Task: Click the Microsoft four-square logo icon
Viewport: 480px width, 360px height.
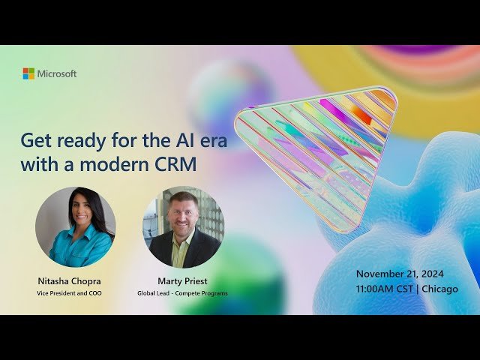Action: click(28, 73)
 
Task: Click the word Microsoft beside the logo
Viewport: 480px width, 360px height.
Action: click(57, 73)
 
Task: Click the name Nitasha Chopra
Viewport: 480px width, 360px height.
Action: click(70, 280)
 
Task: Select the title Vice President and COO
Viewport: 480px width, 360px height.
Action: click(70, 292)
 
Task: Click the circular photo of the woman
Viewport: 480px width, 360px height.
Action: click(76, 226)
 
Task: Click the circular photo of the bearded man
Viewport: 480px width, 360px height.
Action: click(184, 226)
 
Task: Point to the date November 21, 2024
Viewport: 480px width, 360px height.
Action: click(406, 274)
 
